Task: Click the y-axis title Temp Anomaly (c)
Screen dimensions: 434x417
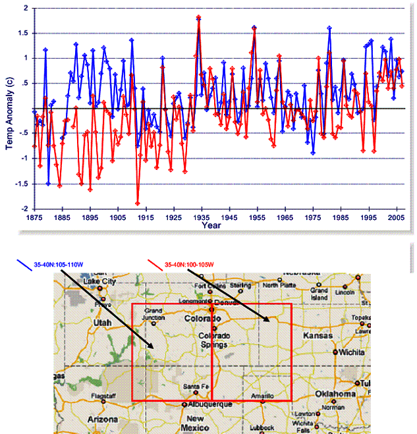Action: click(9, 109)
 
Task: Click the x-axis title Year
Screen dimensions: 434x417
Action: click(211, 226)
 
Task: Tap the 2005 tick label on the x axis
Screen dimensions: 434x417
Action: click(396, 217)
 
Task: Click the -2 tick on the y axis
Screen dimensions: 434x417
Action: click(24, 208)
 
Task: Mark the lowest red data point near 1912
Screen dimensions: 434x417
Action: click(138, 203)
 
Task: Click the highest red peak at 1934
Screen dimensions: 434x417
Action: click(198, 18)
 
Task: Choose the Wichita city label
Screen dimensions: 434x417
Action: click(350, 352)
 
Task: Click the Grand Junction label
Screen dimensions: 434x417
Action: click(153, 313)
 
